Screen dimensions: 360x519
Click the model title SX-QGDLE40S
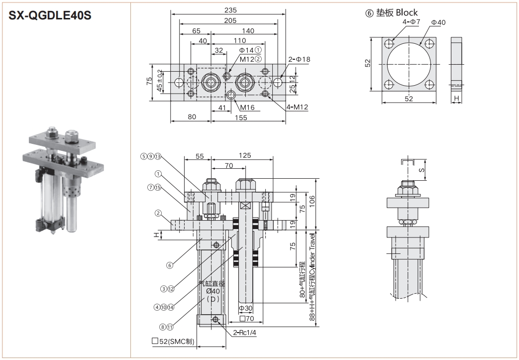[x=50, y=15]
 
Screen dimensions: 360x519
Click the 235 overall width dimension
[x=230, y=10]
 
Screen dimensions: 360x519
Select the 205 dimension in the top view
[x=230, y=20]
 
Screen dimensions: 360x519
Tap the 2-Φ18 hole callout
[x=299, y=59]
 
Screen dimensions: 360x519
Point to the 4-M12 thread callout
[x=298, y=107]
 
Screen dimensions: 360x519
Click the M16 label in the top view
[x=247, y=107]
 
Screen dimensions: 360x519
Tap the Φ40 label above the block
[x=438, y=22]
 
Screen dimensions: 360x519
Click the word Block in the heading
[x=407, y=12]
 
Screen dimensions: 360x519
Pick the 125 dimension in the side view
[x=244, y=156]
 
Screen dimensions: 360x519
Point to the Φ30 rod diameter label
[x=246, y=308]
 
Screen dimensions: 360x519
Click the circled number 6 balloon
[x=170, y=265]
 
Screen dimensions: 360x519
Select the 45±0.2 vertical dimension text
[x=160, y=80]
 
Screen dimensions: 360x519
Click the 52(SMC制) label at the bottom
[x=174, y=342]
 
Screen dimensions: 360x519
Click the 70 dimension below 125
[x=228, y=165]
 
